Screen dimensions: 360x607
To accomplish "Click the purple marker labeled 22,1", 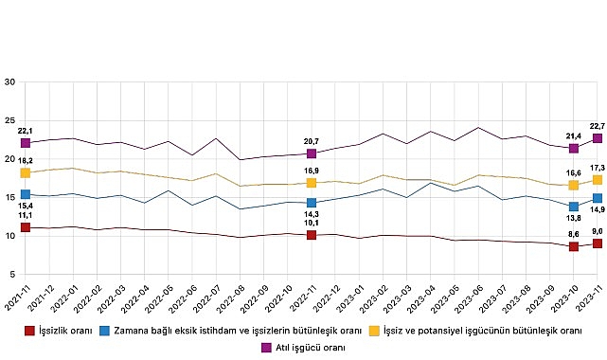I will (26, 143).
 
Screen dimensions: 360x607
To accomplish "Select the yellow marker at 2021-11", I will (26, 173).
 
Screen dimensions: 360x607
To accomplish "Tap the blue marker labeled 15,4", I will (26, 194).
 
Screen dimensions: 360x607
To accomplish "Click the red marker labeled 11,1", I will (26, 227).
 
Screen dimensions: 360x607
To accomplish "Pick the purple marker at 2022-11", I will (312, 153).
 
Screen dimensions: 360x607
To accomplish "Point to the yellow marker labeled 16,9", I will (312, 183).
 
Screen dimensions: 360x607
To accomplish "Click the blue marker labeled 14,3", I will (312, 203).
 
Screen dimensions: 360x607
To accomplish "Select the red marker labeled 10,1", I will (312, 235).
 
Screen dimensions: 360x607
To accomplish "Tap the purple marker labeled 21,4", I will (574, 148).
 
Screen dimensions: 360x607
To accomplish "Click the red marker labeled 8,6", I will (574, 246).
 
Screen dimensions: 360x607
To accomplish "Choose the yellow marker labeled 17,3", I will (598, 180).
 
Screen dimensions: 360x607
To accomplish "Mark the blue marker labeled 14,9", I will (598, 198).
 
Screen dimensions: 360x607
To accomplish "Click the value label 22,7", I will (597, 124).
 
